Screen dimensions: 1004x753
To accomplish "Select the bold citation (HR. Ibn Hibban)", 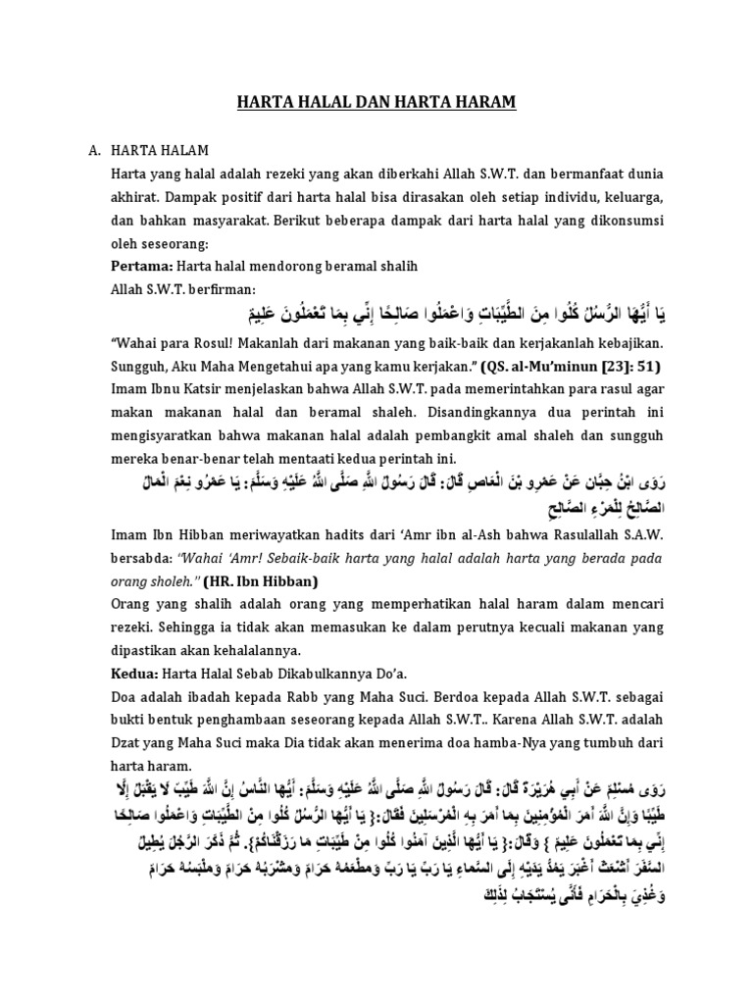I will pyautogui.click(x=252, y=579).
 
